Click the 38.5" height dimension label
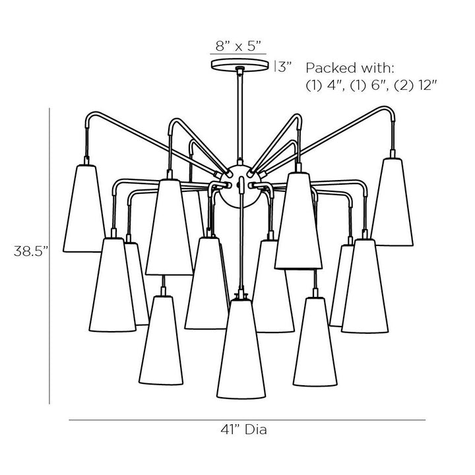tap(31, 251)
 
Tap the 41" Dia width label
tap(244, 429)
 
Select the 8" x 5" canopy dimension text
tap(238, 46)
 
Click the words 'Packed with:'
tap(350, 68)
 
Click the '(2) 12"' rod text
tap(416, 86)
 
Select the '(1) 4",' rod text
tap(326, 86)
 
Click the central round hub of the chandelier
tap(240, 187)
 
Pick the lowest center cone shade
tap(241, 348)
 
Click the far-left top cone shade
tap(84, 208)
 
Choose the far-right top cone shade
tap(393, 202)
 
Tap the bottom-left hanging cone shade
tap(161, 340)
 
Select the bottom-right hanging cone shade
tap(315, 342)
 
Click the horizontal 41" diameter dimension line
tap(247, 420)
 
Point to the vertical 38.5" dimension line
tap(49, 256)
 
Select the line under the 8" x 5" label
tap(238, 54)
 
